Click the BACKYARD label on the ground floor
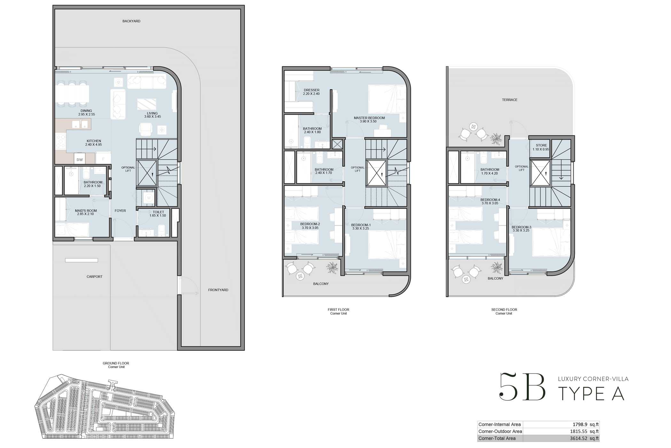point(131,21)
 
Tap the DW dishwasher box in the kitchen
point(80,159)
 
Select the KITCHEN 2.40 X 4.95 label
point(94,143)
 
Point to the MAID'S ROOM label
point(86,211)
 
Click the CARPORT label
point(94,277)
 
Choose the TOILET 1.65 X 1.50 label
point(158,214)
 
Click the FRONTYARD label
point(218,290)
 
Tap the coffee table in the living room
point(147,104)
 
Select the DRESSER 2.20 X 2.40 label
point(311,92)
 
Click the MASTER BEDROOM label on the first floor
point(369,118)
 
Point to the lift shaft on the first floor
point(376,173)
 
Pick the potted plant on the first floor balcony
point(332,267)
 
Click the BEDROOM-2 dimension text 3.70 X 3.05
point(310,228)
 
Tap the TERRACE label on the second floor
point(510,100)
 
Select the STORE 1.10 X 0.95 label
point(541,147)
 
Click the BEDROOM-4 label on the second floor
point(490,200)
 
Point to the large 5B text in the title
point(522,387)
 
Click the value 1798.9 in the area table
point(580,425)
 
